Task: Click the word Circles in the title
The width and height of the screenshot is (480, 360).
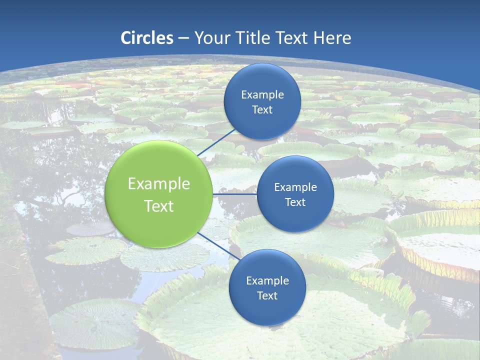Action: pyautogui.click(x=147, y=38)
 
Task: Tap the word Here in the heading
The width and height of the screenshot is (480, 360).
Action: pyautogui.click(x=332, y=38)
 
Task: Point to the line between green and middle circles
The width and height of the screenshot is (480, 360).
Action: pyautogui.click(x=234, y=194)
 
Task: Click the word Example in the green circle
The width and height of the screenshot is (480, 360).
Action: pyautogui.click(x=159, y=184)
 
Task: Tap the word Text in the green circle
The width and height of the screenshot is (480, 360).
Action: pyautogui.click(x=159, y=206)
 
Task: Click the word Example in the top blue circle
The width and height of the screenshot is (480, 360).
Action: pyautogui.click(x=262, y=95)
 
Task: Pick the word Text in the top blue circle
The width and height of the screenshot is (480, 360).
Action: pyautogui.click(x=262, y=109)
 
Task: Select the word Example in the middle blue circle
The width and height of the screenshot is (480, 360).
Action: pyautogui.click(x=295, y=187)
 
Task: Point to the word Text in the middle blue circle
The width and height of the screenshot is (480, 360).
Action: pyautogui.click(x=295, y=202)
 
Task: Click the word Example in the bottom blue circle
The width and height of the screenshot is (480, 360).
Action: pyautogui.click(x=267, y=281)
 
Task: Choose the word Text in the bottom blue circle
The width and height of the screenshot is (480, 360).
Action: pyautogui.click(x=267, y=295)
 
